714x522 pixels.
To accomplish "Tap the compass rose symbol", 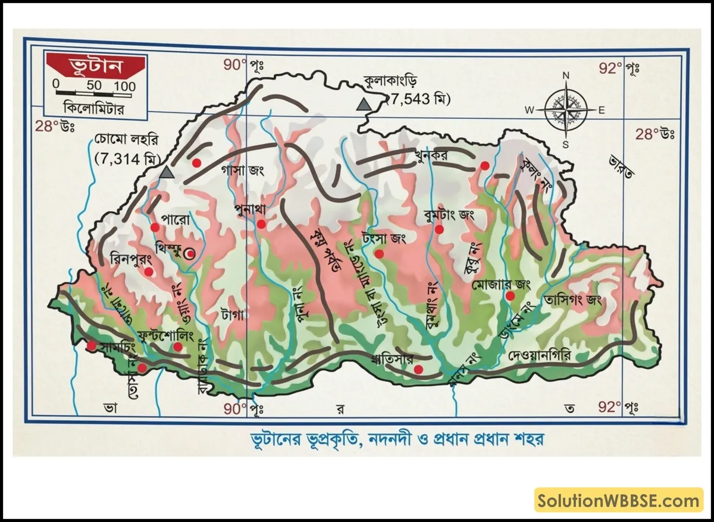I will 565,109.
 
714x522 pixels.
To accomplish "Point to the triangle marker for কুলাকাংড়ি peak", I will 363,105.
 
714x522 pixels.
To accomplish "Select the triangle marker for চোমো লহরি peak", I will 167,172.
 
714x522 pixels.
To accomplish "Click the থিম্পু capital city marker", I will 190,254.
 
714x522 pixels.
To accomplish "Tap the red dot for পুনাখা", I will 261,224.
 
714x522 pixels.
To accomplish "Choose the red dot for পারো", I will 155,227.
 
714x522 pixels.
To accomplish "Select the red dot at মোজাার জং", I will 509,295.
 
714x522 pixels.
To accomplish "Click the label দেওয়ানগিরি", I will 540,356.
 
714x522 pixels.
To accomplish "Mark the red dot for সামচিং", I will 91,345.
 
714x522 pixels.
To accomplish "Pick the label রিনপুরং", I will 131,259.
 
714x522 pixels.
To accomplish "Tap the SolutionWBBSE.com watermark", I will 619,501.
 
